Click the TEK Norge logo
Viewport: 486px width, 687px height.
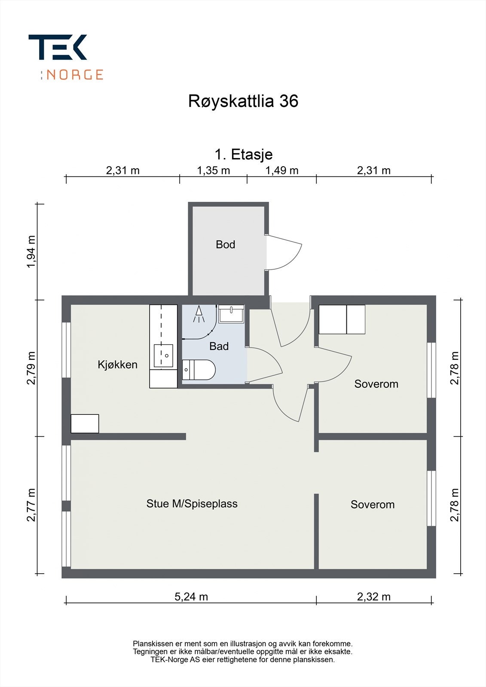tap(65, 57)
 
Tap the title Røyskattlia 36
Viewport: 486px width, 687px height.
tap(243, 101)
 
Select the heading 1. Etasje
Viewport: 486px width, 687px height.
tap(243, 154)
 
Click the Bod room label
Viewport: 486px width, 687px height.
tap(225, 245)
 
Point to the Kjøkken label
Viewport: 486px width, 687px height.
tap(117, 365)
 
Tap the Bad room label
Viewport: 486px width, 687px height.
tap(219, 346)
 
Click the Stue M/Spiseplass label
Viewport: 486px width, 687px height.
tap(192, 504)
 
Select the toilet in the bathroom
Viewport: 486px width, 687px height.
tap(199, 370)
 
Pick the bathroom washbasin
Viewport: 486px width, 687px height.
tap(231, 314)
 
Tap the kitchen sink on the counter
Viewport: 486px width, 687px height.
tap(163, 356)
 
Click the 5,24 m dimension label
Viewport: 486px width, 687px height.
tap(191, 597)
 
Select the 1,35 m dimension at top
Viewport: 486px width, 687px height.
tap(213, 170)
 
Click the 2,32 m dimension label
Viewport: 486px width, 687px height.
tap(373, 597)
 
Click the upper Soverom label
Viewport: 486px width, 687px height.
tap(376, 384)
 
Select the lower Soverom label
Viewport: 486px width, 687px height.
tap(372, 505)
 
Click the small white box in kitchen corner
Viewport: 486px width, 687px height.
tap(85, 423)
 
